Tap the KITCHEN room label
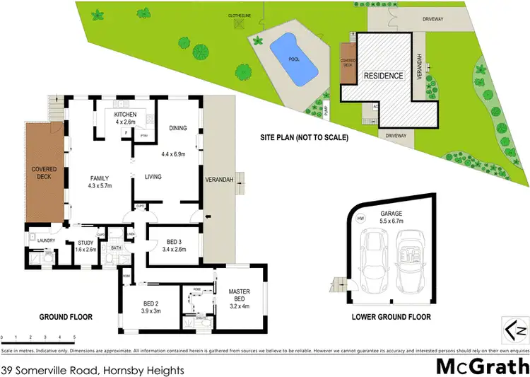pos(125,114)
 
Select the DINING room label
pos(177,128)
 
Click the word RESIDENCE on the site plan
pos(383,76)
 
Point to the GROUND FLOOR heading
pos(66,317)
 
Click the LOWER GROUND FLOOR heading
pos(391,317)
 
